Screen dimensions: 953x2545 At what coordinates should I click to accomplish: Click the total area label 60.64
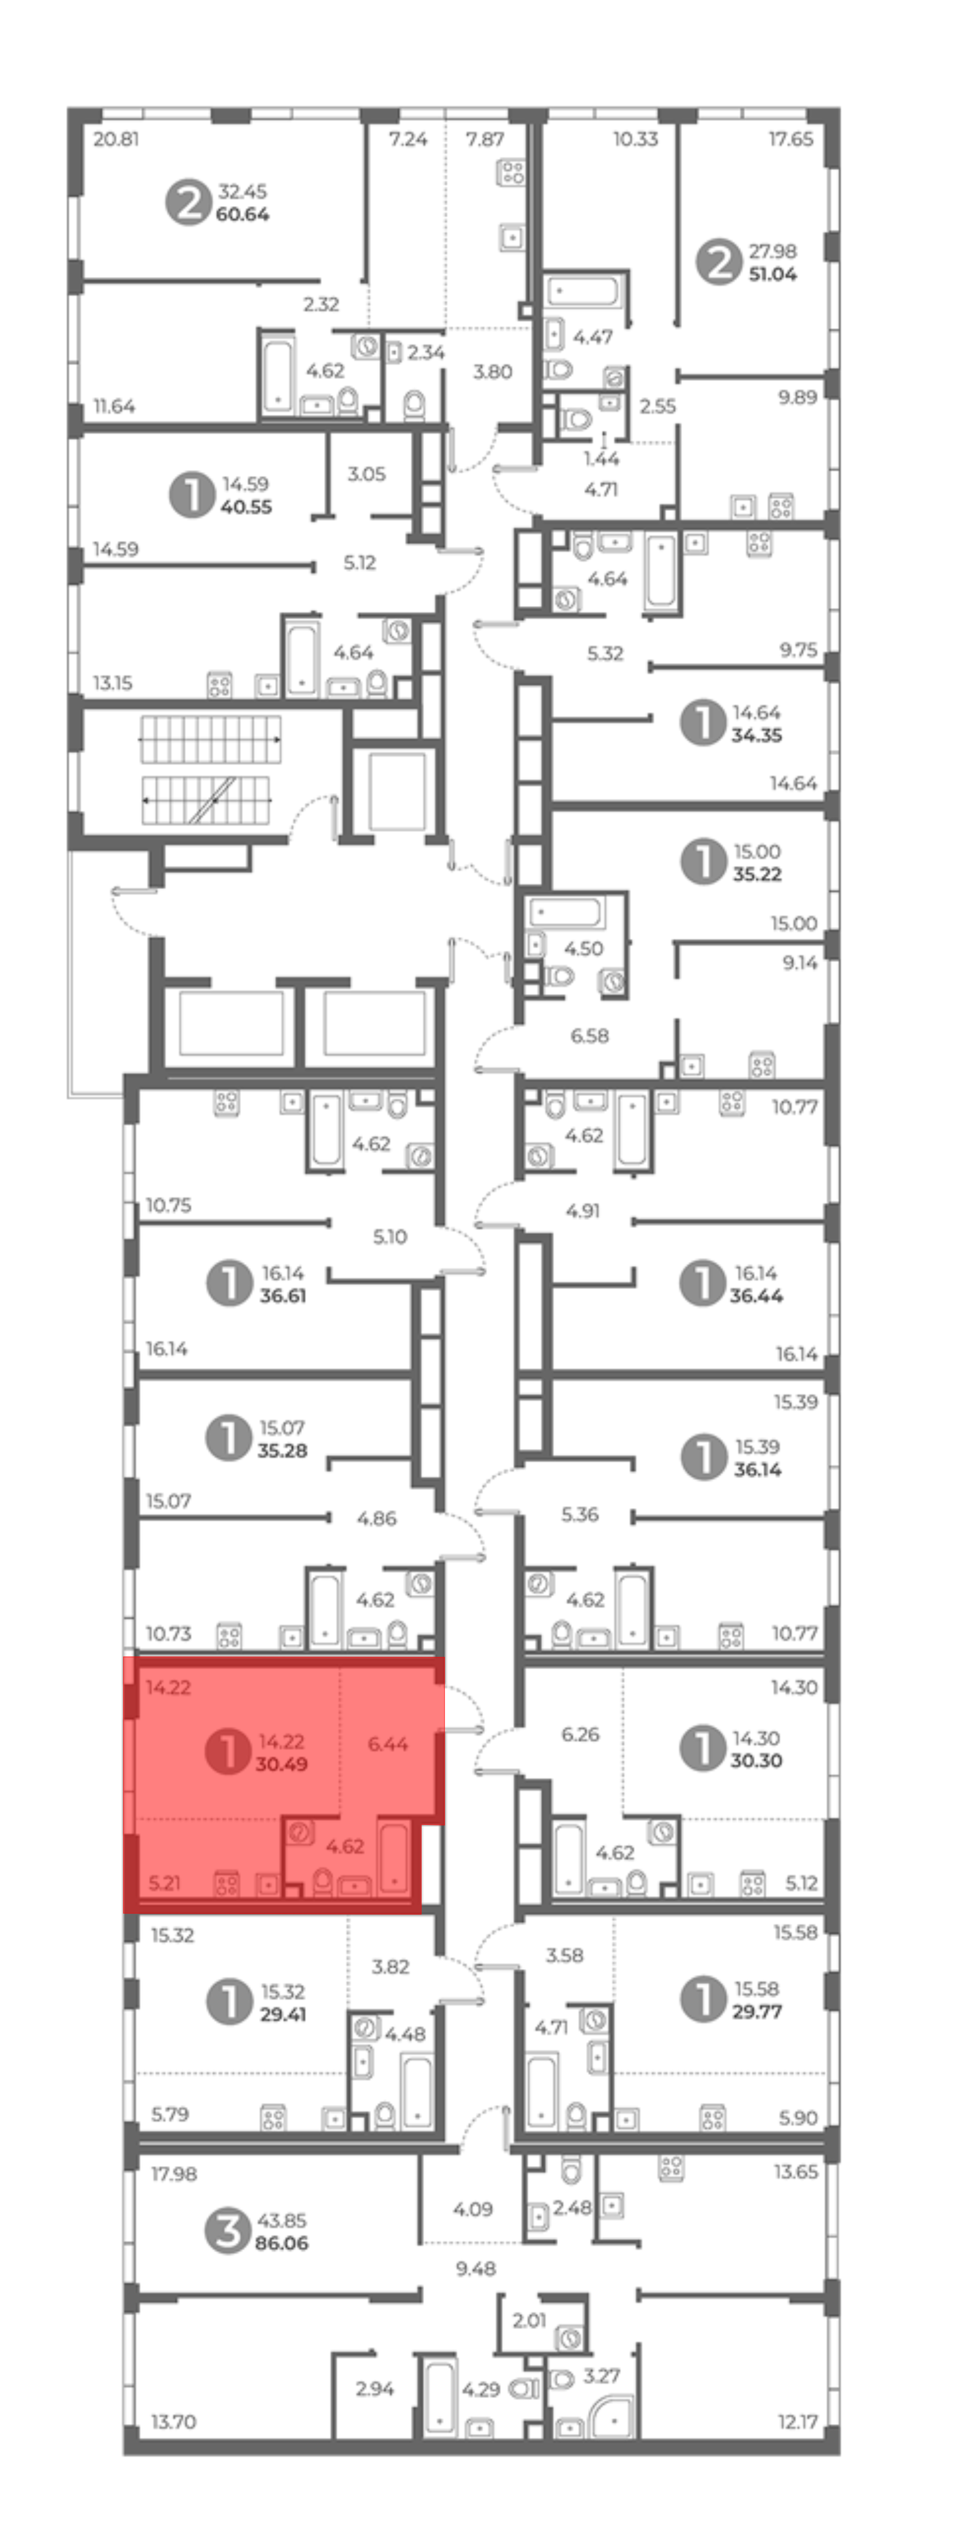242,215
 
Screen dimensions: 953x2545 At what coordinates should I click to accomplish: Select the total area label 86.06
282,2243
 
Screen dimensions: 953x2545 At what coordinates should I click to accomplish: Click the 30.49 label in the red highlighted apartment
282,1764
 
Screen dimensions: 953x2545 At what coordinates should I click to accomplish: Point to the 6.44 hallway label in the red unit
388,1744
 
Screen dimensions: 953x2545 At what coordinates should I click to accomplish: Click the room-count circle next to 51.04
718,263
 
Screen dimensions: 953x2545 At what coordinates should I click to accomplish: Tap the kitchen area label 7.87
485,139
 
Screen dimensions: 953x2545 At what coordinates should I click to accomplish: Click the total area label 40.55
246,507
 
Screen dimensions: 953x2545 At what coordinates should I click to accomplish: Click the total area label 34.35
757,735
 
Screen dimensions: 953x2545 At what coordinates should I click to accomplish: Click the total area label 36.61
283,1295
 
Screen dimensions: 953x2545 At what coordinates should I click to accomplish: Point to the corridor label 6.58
589,1036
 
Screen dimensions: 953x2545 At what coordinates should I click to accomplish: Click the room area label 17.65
791,139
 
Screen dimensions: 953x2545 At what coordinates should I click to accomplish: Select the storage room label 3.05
366,474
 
